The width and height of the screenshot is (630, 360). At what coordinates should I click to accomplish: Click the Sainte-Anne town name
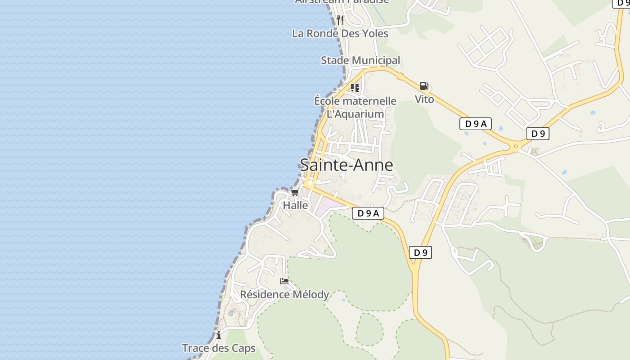coord(346,165)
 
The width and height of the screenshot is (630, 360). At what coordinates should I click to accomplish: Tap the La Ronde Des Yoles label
coord(340,33)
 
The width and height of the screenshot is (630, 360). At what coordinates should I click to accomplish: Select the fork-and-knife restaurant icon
coord(340,20)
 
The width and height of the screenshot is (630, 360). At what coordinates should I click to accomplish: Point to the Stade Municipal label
coord(360,60)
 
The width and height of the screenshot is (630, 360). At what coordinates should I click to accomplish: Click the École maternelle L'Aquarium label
coord(355,108)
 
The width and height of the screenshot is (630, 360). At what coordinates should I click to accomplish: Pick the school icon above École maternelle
coord(355,87)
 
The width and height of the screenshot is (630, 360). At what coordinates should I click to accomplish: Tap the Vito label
coord(424,99)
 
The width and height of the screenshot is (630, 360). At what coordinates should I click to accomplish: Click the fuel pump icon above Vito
coord(424,85)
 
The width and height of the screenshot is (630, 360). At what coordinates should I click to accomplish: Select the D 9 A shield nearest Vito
coord(476,124)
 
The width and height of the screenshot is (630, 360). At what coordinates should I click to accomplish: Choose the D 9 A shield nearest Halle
coord(368,213)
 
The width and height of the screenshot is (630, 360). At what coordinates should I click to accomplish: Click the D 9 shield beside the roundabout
coord(538,133)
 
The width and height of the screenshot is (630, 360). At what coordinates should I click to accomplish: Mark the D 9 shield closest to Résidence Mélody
coord(421,252)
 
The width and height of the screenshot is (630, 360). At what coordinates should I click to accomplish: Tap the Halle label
coord(296,205)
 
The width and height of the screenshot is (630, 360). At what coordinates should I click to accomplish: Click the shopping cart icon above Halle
coord(295,193)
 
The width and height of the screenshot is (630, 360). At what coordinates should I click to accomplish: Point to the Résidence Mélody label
coord(284,294)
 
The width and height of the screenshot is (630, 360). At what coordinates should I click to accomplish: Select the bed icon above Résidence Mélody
coord(284,281)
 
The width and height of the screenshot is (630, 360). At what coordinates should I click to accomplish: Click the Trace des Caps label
coord(219,348)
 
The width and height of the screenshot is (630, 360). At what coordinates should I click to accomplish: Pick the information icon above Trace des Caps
coord(219,335)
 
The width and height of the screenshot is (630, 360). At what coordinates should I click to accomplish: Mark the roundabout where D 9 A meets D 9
coord(516,146)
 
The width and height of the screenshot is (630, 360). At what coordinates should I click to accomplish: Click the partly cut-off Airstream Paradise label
coord(342,2)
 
